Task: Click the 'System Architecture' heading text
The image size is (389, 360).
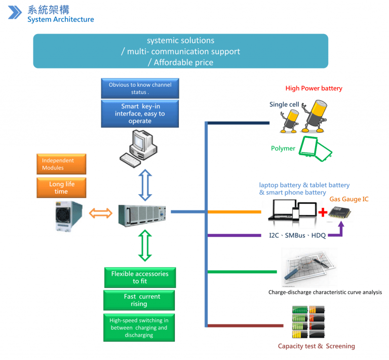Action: pyautogui.click(x=60, y=19)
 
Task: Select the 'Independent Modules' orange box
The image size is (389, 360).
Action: pyautogui.click(x=61, y=164)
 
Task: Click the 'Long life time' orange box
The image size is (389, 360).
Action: pyautogui.click(x=61, y=187)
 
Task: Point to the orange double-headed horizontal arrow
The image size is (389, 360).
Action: pyautogui.click(x=100, y=213)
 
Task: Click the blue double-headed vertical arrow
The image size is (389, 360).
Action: pyautogui.click(x=145, y=185)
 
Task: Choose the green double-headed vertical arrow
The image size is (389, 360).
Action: pyautogui.click(x=145, y=245)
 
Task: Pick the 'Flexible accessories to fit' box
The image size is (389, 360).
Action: pyautogui.click(x=139, y=277)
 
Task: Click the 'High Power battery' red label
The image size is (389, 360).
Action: pyautogui.click(x=314, y=88)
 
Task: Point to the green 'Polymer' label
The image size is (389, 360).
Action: pyautogui.click(x=283, y=149)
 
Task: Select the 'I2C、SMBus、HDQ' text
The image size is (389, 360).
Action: pyautogui.click(x=297, y=236)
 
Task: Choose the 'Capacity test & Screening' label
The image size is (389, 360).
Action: pyautogui.click(x=316, y=346)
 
